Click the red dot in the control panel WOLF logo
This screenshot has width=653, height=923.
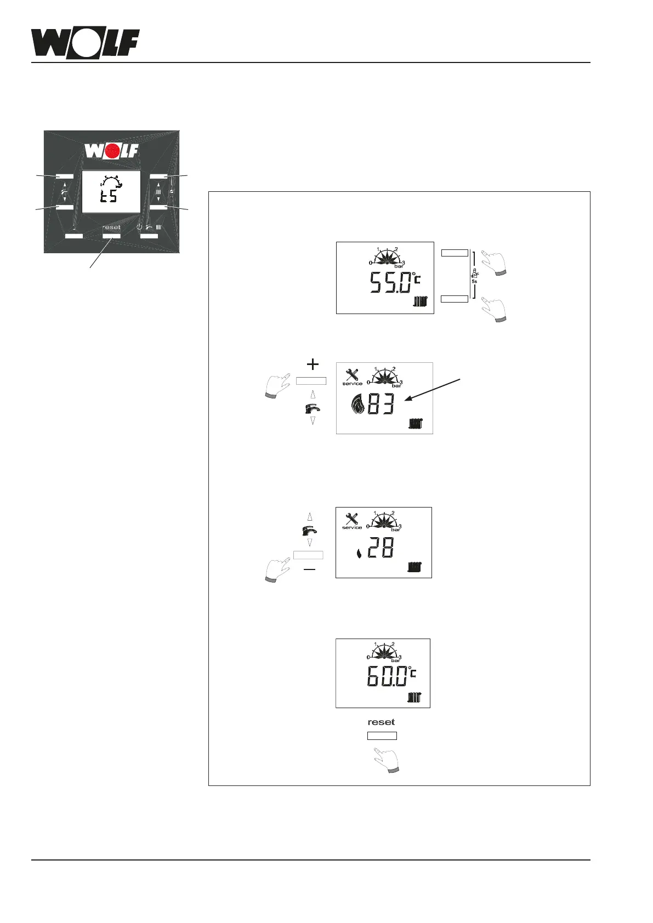pos(112,151)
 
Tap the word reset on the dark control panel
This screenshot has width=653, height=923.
pos(111,227)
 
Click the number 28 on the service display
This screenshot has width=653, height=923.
pos(380,548)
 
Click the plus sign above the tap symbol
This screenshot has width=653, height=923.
pos(312,364)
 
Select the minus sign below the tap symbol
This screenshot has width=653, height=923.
pos(309,570)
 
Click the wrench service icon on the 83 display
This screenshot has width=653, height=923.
pos(353,377)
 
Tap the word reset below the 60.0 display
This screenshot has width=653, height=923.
pos(381,722)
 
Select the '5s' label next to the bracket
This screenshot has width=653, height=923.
pos(474,281)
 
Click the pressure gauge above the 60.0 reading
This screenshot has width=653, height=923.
pos(384,652)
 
